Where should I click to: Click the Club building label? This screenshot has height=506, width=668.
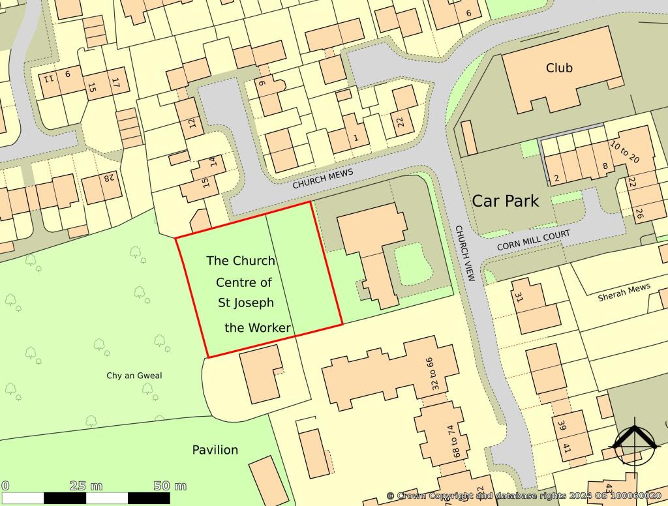[559, 68]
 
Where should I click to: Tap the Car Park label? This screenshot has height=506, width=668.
[506, 201]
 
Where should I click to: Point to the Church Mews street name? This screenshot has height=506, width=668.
[322, 179]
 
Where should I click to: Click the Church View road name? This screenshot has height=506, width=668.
[464, 254]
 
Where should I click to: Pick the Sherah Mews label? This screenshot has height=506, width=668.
[624, 292]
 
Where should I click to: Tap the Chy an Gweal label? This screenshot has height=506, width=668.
[134, 376]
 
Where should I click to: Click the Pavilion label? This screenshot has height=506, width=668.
[215, 450]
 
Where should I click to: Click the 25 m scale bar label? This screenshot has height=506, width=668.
[86, 486]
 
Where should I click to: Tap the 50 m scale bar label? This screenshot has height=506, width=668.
[170, 486]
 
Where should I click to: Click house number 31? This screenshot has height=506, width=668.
[520, 298]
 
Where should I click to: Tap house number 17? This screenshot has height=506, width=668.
[115, 84]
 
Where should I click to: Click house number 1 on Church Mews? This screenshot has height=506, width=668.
[356, 138]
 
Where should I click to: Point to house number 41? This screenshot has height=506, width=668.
[566, 449]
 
